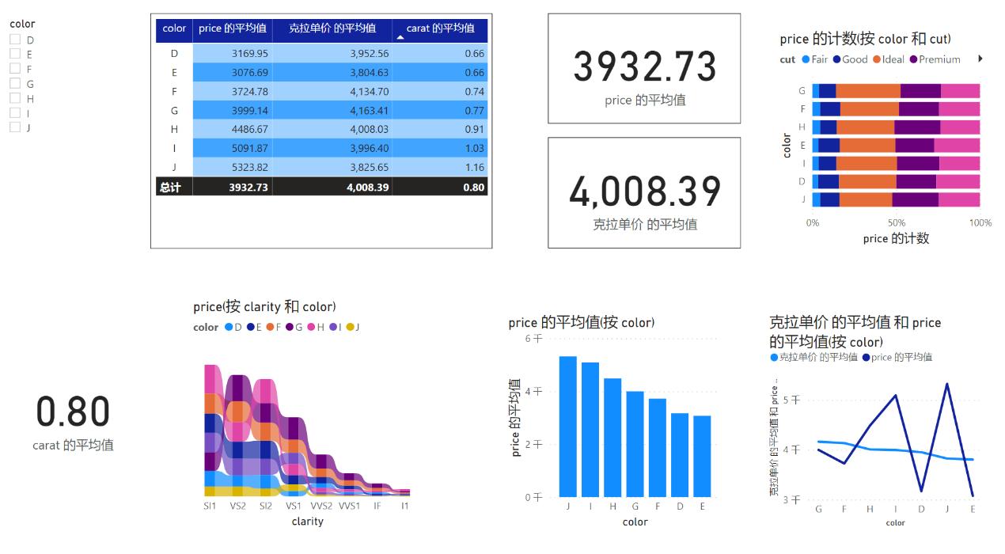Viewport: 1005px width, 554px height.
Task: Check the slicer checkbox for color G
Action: click(14, 83)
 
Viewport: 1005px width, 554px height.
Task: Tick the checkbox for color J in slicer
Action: click(14, 127)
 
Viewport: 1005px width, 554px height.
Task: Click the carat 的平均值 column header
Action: click(440, 28)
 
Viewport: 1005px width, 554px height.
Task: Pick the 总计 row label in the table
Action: click(170, 187)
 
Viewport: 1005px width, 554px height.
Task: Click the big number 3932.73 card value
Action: click(644, 66)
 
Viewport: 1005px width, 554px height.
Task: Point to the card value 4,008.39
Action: click(644, 191)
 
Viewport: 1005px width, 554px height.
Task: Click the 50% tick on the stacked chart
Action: click(897, 223)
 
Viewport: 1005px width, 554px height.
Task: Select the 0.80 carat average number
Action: click(73, 412)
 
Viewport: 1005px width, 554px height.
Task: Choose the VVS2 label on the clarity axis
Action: click(321, 505)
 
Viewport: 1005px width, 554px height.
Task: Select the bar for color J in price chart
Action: click(567, 427)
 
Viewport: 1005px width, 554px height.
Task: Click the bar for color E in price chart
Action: click(701, 456)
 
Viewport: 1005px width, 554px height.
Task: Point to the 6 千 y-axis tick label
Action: click(534, 338)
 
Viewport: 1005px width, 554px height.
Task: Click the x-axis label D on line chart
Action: click(921, 509)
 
